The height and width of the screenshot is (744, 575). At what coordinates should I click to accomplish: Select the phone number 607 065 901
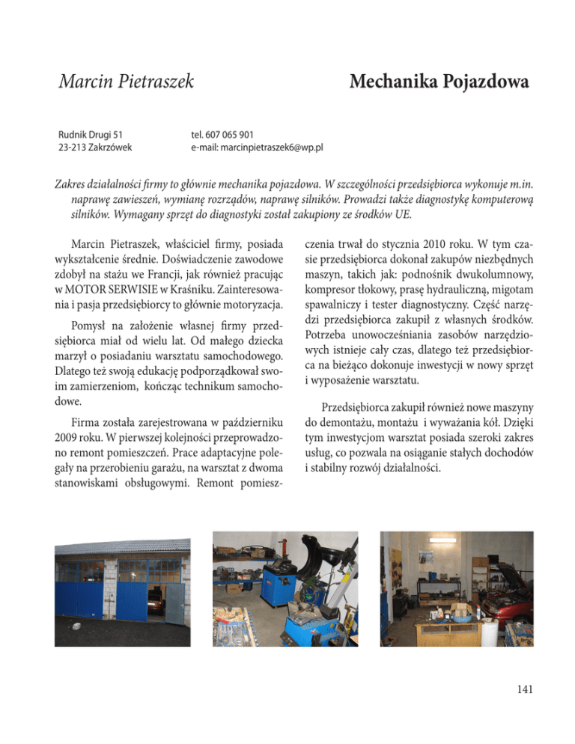pos(233,134)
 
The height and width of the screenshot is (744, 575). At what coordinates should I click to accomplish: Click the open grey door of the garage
pos(176,605)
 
